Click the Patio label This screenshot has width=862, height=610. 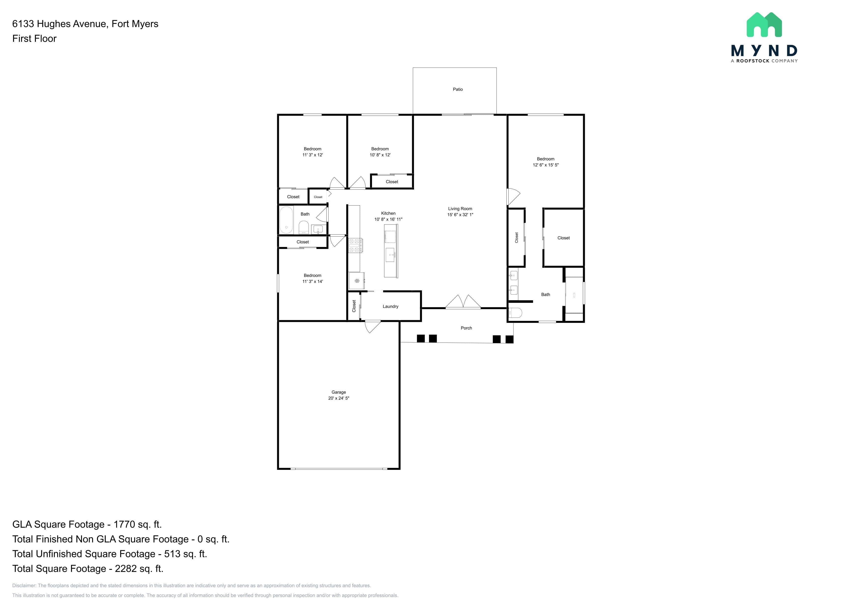pos(458,89)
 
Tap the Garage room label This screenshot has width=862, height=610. pos(339,392)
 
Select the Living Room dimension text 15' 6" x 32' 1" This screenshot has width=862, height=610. pos(460,215)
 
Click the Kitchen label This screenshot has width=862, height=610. pos(388,213)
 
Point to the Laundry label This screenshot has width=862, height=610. pos(390,307)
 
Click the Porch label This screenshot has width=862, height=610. pos(466,328)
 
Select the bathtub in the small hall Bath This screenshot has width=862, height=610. pos(286,220)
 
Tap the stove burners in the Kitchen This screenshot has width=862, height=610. pos(355,246)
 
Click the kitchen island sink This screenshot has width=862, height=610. pos(390,255)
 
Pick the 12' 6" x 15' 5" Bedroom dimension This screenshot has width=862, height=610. pos(546,165)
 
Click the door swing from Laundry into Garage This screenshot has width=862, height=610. pos(373,327)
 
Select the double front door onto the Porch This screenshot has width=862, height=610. pos(463,302)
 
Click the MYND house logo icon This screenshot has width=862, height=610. pos(764,25)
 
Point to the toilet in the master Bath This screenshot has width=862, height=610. pos(515,312)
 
